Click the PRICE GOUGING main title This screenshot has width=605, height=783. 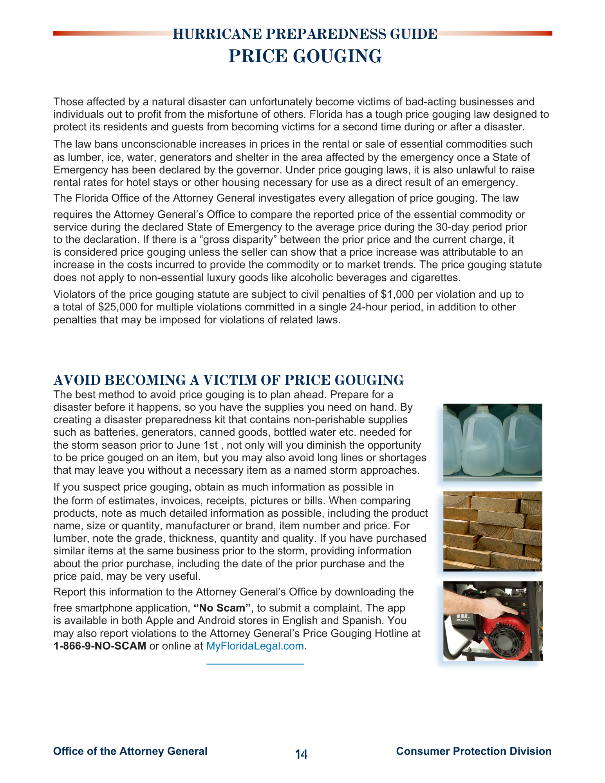[x=305, y=56]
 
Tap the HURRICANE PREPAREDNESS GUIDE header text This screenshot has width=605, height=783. [x=305, y=34]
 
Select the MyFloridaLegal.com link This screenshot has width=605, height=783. [x=255, y=646]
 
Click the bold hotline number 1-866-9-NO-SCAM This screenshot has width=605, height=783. [x=100, y=646]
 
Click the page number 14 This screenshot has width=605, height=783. [x=301, y=754]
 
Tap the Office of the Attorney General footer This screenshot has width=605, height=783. [x=130, y=751]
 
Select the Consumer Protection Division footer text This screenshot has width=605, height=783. [x=473, y=751]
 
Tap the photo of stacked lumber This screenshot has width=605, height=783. [x=493, y=531]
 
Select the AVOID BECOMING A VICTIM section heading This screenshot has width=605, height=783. [x=228, y=380]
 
